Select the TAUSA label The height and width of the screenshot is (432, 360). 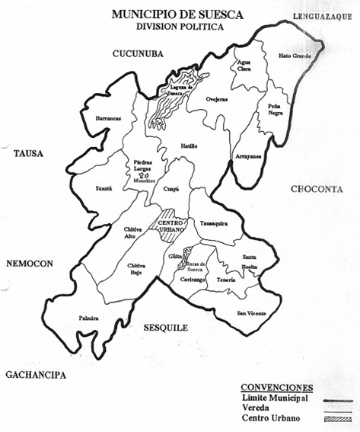[29, 153]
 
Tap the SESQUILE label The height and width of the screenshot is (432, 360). [164, 328]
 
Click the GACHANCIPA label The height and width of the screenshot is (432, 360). [35, 375]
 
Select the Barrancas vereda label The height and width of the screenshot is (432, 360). [108, 119]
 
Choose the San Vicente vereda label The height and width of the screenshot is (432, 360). [251, 313]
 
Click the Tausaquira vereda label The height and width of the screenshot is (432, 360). [215, 224]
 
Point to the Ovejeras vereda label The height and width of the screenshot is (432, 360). [218, 99]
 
